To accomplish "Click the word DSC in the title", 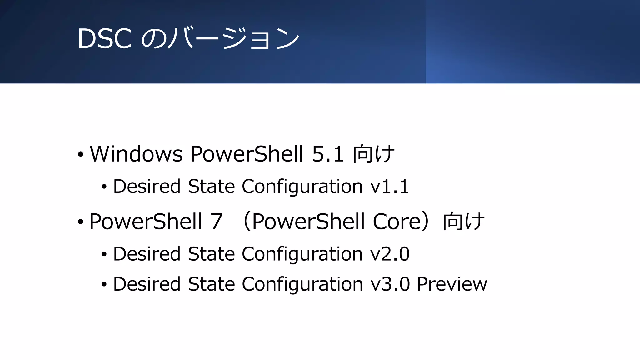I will (104, 39).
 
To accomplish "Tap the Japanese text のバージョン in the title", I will (221, 39).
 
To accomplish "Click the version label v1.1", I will (389, 187).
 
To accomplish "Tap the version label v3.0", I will (390, 284).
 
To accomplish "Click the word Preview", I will (452, 284).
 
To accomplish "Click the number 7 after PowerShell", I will (216, 222).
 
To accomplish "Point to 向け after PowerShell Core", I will (464, 222).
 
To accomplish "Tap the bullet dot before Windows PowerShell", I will (81, 154).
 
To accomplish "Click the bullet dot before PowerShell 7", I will (81, 222).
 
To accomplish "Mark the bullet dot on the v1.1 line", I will (104, 187).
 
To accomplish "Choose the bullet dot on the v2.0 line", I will (104, 254).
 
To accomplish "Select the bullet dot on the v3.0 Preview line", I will (104, 285).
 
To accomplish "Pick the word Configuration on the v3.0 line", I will (302, 284).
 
